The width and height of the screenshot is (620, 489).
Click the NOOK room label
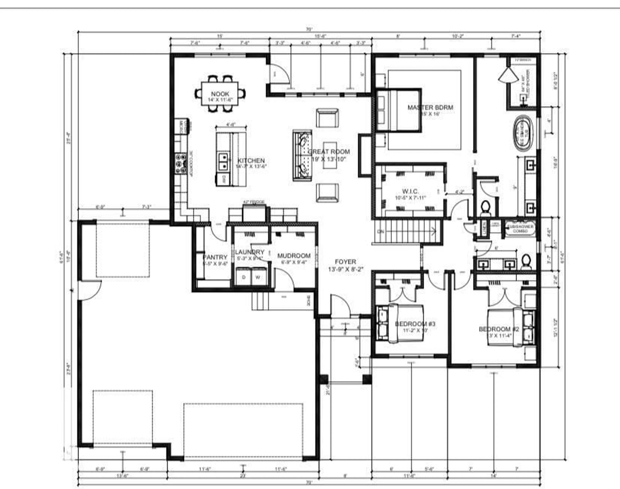[x=220, y=94]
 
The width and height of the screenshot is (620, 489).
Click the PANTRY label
[x=215, y=257]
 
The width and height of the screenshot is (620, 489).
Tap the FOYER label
[x=346, y=262]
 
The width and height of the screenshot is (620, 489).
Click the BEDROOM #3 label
[x=415, y=324]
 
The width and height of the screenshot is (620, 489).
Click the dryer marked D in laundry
[x=244, y=277]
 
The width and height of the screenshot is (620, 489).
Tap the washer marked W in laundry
[x=258, y=277]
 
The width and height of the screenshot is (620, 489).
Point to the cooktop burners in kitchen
[x=181, y=163]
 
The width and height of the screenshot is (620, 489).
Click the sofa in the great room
[x=302, y=156]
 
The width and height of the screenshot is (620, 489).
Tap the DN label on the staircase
[x=380, y=231]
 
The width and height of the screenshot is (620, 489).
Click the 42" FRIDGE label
[x=254, y=202]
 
